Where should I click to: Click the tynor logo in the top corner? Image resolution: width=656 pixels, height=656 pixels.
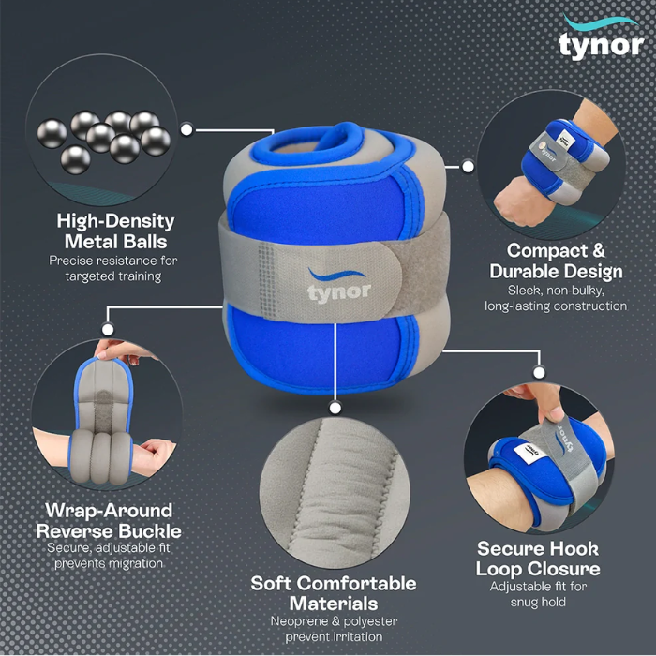tap(601, 37)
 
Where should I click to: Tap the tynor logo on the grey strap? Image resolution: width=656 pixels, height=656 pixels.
tap(338, 286)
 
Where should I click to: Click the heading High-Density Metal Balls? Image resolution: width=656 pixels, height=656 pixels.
tap(115, 231)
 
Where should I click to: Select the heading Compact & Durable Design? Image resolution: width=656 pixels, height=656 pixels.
tap(556, 261)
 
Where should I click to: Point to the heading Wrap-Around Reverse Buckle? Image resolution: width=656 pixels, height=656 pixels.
tap(109, 520)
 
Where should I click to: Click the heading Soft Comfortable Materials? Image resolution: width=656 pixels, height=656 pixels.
tap(334, 593)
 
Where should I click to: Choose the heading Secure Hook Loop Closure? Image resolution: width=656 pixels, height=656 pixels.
tap(538, 559)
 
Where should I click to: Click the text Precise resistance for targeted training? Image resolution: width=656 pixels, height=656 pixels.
tap(113, 268)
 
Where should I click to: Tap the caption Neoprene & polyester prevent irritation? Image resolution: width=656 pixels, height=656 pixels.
tap(334, 629)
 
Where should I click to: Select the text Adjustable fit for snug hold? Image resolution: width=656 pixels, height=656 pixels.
tap(538, 594)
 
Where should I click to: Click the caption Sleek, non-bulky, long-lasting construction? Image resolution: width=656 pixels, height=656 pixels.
tap(556, 298)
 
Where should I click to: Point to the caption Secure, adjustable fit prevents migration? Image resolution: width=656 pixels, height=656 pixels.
tap(109, 556)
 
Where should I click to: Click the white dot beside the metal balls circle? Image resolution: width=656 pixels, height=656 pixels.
tap(186, 129)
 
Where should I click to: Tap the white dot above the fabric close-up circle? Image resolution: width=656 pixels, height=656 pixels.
tap(335, 408)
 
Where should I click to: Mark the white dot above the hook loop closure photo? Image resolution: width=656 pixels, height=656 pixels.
tap(539, 372)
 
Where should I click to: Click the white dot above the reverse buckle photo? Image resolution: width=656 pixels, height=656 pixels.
tap(108, 329)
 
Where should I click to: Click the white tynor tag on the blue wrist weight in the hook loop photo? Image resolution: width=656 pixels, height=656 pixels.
tap(529, 453)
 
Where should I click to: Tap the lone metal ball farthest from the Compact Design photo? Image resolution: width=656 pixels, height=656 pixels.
tap(52, 134)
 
